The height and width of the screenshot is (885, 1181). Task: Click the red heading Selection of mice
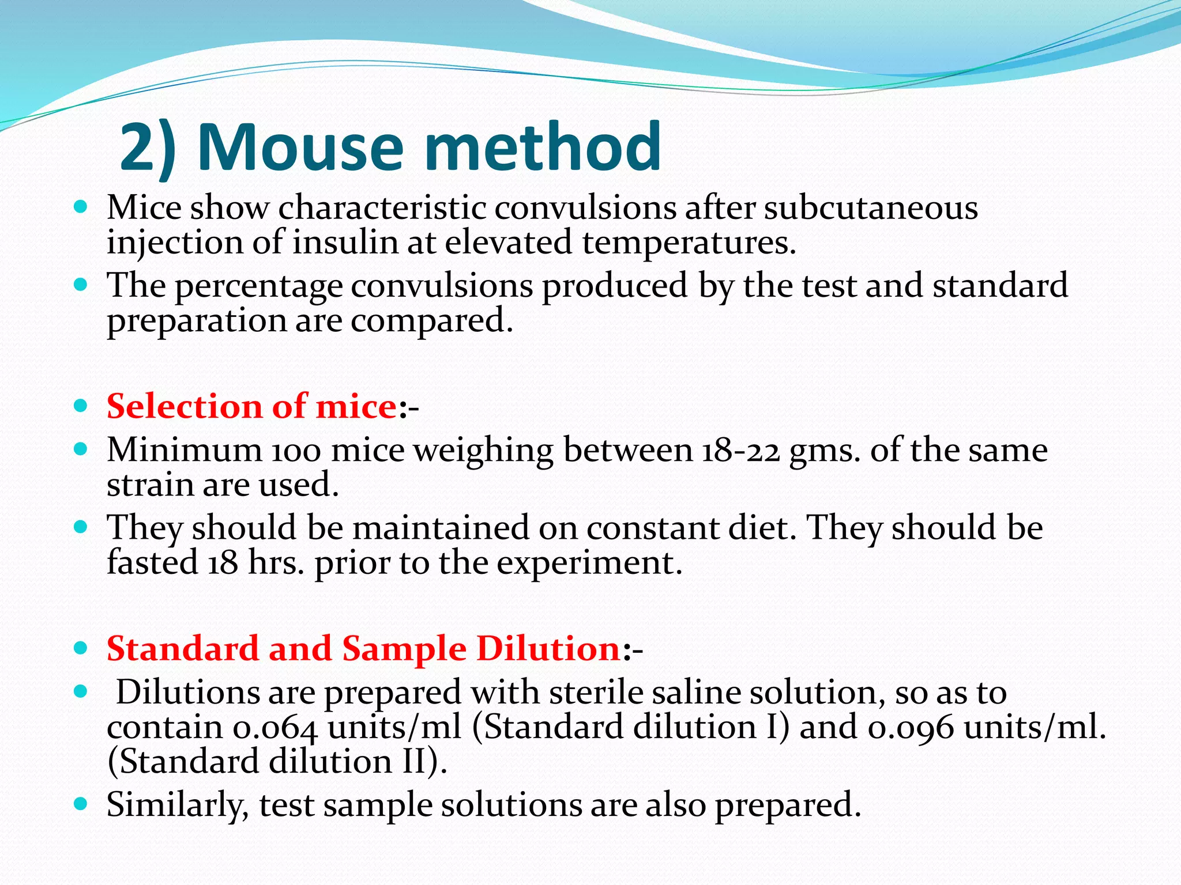pyautogui.click(x=251, y=406)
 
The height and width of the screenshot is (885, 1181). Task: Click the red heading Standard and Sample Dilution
pyautogui.click(x=363, y=649)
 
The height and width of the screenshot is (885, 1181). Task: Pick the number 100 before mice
pyautogui.click(x=296, y=451)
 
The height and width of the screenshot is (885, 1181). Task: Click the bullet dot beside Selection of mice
pyautogui.click(x=81, y=406)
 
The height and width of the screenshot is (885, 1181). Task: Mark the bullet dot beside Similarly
pyautogui.click(x=81, y=803)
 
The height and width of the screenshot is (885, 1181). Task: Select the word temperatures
pyautogui.click(x=689, y=242)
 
